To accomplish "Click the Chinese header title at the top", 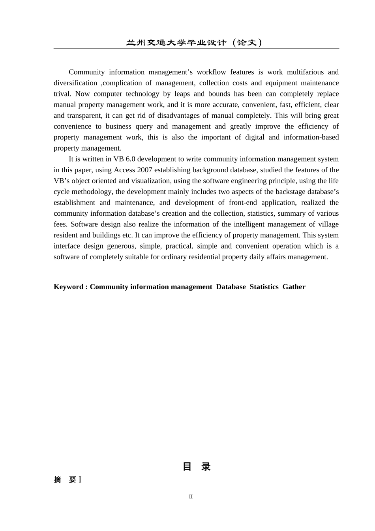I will coord(194,42).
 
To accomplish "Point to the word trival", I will coord(62,94).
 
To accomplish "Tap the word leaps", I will coord(182,94).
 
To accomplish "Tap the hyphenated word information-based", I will coord(311,137).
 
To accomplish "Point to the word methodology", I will coord(92,192).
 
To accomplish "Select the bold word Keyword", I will coord(68,287).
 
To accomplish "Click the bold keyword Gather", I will coord(294,287).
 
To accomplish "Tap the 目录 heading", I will coord(197,467).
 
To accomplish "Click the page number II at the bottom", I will coord(191,497).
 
